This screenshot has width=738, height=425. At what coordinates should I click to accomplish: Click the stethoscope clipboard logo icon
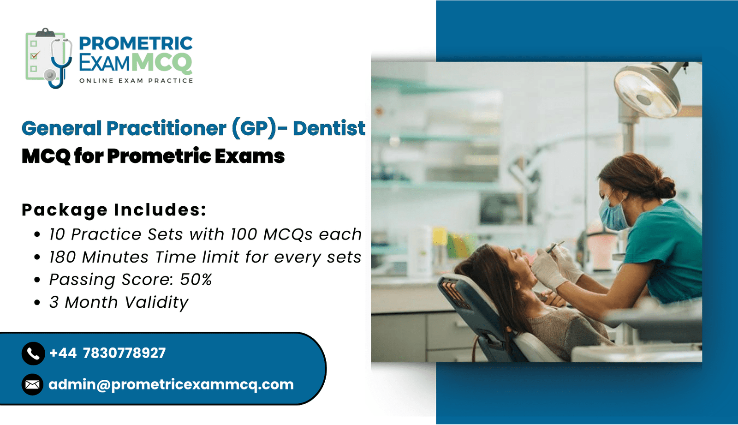click(x=49, y=58)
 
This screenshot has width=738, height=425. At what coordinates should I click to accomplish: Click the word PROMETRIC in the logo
click(x=136, y=43)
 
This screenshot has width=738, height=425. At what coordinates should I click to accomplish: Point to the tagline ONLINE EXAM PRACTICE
click(x=136, y=81)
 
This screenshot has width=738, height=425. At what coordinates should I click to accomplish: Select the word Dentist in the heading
click(x=329, y=128)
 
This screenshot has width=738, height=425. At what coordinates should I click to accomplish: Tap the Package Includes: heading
click(x=114, y=210)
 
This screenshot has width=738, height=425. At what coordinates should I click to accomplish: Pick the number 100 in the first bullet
click(x=244, y=234)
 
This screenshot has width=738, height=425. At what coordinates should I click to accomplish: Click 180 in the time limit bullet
click(x=63, y=257)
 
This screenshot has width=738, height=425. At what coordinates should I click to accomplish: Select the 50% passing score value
click(x=196, y=280)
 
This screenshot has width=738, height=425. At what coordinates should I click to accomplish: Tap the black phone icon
click(x=33, y=353)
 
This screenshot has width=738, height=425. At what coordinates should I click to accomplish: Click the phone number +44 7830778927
click(x=107, y=353)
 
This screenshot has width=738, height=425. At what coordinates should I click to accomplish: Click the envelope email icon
click(x=33, y=384)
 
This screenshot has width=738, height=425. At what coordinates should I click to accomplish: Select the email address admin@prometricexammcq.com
click(x=171, y=385)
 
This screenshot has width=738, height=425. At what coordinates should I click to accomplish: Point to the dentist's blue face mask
click(x=613, y=214)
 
